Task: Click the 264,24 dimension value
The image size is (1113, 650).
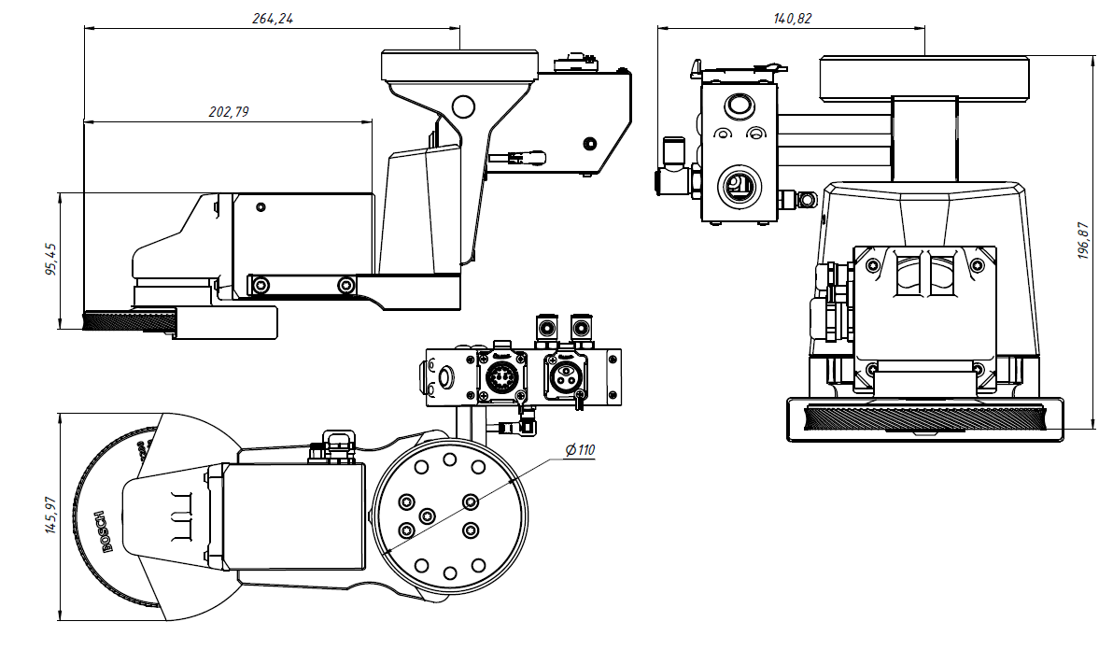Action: coord(273,18)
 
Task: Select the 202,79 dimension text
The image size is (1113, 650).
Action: coord(228,112)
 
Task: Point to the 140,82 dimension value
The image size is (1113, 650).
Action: coord(792,18)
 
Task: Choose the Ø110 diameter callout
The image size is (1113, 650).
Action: coord(579,450)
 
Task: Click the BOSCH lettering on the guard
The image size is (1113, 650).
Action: coord(104,531)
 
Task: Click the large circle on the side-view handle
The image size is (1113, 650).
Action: coord(463,106)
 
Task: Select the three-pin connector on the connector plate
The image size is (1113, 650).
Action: coord(568,377)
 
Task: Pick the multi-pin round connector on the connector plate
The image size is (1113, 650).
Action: coord(500,377)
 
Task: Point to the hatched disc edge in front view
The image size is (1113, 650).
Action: coord(924,418)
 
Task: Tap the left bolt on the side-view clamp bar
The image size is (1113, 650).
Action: coord(261,284)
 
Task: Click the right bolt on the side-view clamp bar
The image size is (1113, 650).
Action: coord(346,284)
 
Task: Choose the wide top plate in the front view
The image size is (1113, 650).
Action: coord(924,77)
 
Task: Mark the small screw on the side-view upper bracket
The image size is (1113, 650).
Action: coord(589,143)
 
